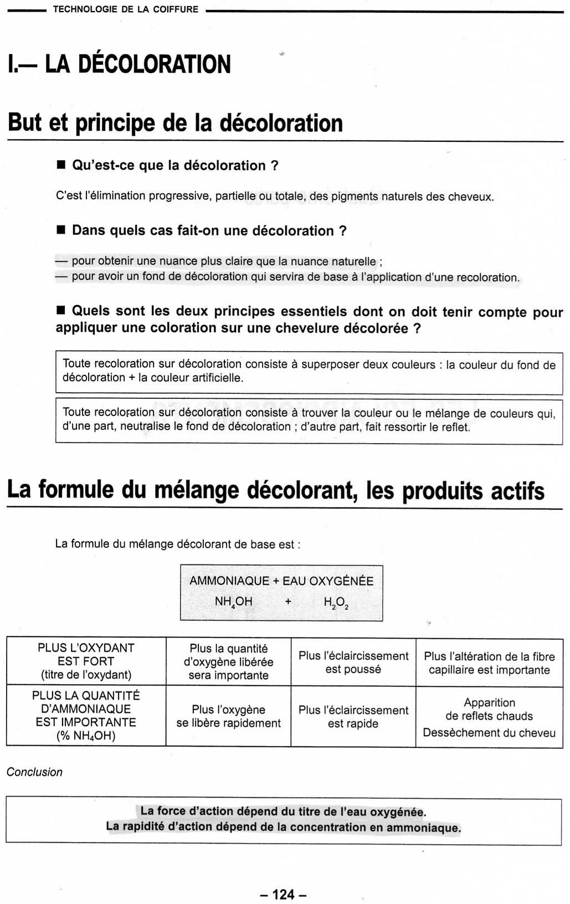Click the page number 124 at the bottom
coord(283,894)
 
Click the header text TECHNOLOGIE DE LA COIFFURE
coord(125,9)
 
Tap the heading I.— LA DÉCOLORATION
coord(119,64)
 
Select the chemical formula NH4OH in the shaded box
coord(233,602)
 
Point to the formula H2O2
coord(336,603)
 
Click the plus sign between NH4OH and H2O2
coord(288,601)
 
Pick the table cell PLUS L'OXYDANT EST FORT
coord(86,661)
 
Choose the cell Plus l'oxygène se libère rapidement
coord(228,716)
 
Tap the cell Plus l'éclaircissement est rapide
coord(353,716)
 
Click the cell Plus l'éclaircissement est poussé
coord(353,662)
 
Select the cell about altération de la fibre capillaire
coord(489,662)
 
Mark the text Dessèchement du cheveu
coord(489,732)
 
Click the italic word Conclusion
coord(34,772)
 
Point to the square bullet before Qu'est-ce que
coord(61,165)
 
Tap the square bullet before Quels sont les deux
coord(61,310)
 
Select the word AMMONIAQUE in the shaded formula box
coord(229,581)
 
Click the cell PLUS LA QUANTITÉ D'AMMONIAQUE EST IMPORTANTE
coord(86,715)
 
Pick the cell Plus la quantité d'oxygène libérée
coord(228,661)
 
